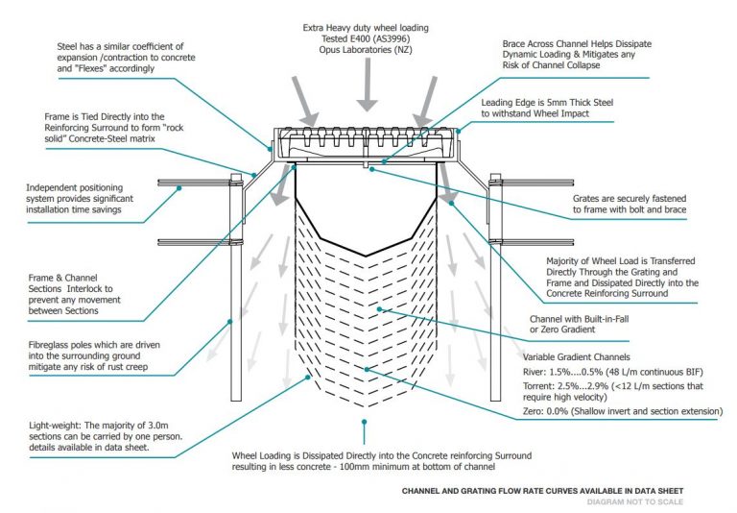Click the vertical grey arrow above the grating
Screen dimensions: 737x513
tap(368, 85)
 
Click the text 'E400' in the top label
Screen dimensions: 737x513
tap(360, 38)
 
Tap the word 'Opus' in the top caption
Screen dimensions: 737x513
tap(329, 49)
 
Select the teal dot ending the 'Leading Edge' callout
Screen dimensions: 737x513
tap(459, 131)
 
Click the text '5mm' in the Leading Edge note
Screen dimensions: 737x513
tap(558, 103)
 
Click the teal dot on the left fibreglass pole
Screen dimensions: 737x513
tap(230, 322)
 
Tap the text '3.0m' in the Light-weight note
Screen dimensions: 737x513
tap(158, 426)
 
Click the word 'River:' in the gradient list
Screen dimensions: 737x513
tap(535, 372)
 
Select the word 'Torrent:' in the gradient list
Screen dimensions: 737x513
tap(538, 386)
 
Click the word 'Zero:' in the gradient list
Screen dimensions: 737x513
tap(534, 411)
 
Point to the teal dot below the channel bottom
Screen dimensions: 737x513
tap(364, 422)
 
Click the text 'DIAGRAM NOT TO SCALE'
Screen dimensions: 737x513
tap(635, 502)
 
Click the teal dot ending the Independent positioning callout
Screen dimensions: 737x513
tap(179, 188)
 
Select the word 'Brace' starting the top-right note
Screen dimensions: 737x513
tap(513, 44)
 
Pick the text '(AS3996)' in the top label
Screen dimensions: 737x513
tap(392, 38)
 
